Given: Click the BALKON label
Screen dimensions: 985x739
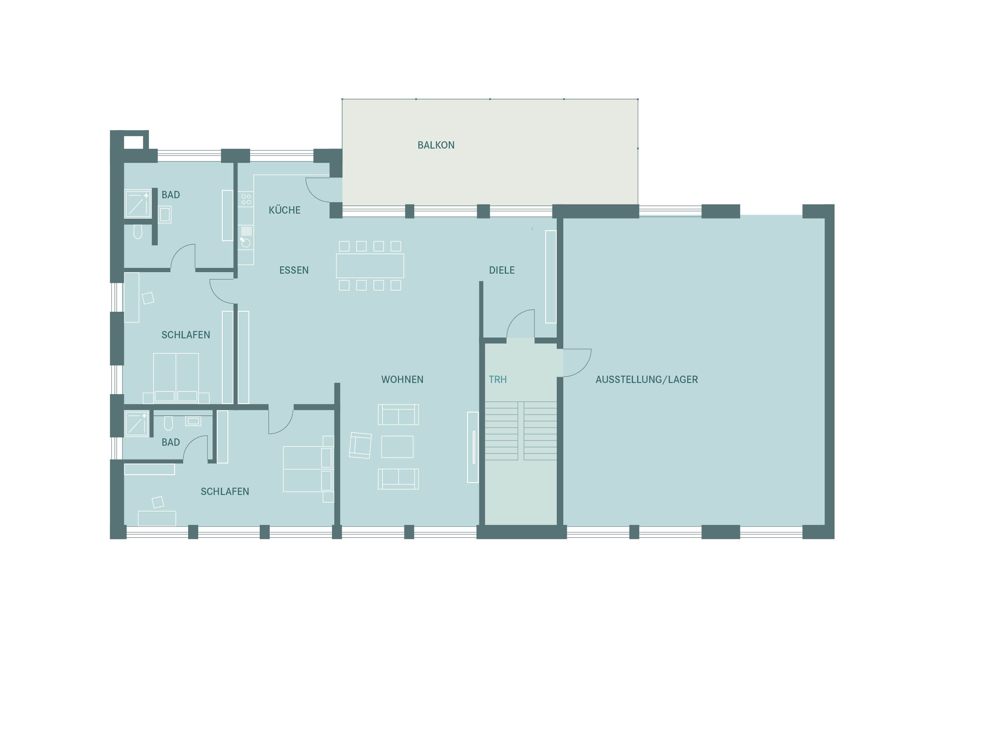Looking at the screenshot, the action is tap(436, 145).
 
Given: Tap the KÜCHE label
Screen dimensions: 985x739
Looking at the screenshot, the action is tap(285, 210).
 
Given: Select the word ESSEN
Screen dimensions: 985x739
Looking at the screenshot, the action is tap(294, 270).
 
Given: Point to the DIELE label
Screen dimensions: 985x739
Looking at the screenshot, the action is tap(502, 270).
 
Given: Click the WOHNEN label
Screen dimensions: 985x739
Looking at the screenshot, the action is tap(402, 380).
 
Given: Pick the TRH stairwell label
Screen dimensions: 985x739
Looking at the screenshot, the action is tap(498, 380).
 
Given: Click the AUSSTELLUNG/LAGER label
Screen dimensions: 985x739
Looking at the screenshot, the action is tap(646, 380).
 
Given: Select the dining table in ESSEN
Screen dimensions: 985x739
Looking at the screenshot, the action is tap(370, 266).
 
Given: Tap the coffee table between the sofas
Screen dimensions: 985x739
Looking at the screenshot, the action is tap(397, 447).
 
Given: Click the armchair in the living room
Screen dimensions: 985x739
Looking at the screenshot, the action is tap(360, 445).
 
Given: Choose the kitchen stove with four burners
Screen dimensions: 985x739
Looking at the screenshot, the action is tap(246, 199).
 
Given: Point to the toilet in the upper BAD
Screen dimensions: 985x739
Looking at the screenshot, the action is tap(138, 232).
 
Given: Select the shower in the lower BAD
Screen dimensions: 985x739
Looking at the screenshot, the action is tap(137, 423).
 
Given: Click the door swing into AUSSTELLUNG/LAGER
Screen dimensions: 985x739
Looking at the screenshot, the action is tap(577, 363).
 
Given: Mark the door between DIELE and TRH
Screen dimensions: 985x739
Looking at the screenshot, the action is tap(521, 324).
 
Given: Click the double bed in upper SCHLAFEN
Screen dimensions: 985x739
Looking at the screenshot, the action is tap(176, 378).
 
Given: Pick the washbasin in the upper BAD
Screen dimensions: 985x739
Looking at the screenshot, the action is tap(165, 215).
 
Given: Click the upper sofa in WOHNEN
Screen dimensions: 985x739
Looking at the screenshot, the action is tap(398, 414).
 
